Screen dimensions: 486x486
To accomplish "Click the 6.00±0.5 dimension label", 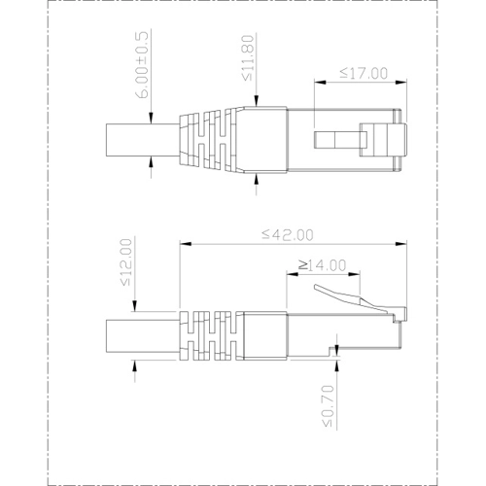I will (144, 66).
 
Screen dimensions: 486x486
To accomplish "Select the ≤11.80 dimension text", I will (249, 61).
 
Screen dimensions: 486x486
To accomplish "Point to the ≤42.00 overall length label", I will (289, 234).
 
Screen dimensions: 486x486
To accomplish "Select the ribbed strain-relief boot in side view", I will (209, 335).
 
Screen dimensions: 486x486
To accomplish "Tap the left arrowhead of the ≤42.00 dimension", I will (184, 242).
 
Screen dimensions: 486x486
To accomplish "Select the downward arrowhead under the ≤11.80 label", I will (258, 101).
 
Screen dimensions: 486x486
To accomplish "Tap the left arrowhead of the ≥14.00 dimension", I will (290, 273).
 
